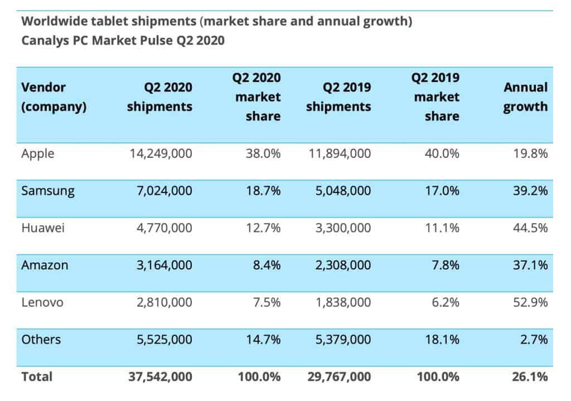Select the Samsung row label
[48, 191]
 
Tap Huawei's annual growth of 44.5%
[530, 228]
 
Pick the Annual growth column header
[525, 97]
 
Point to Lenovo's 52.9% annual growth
[530, 302]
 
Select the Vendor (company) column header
[54, 97]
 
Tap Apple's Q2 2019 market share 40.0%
[441, 153]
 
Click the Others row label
[41, 339]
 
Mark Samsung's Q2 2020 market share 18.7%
[263, 191]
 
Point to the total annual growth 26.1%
[530, 376]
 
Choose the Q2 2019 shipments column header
[338, 97]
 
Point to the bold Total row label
[37, 376]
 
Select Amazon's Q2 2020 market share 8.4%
[265, 265]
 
